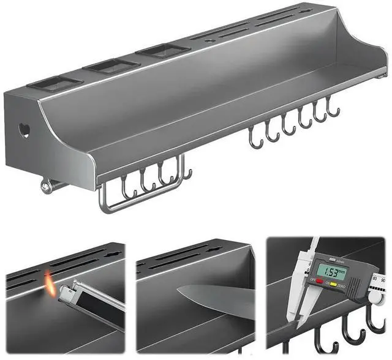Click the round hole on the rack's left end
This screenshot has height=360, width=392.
coord(24,129)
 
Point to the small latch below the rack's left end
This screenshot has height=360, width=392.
coord(47,186)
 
